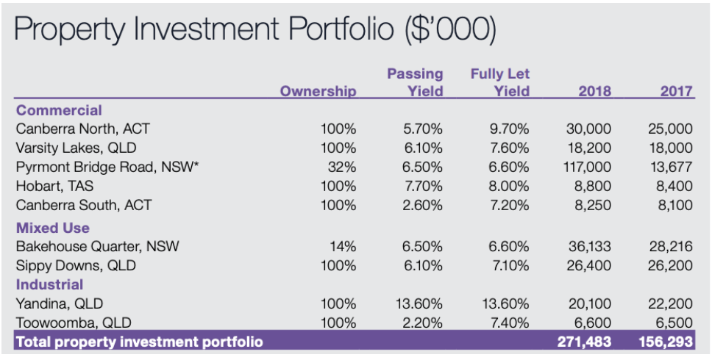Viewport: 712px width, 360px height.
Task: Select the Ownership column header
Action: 318,92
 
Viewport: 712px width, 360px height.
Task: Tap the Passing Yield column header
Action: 416,83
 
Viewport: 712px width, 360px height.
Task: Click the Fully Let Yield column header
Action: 500,83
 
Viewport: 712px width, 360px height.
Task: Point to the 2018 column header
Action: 595,92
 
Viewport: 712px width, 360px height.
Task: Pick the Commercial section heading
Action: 59,111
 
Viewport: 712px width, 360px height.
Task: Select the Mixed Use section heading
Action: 52,228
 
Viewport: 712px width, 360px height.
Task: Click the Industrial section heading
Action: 49,284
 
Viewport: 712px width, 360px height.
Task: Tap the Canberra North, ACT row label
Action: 82,129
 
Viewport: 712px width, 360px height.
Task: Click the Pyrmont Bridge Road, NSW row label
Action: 107,167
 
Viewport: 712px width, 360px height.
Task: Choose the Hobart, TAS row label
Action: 59,186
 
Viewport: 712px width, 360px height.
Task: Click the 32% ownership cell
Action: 342,167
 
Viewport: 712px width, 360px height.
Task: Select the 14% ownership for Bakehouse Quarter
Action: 343,246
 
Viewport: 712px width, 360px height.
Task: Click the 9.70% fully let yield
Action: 509,129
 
